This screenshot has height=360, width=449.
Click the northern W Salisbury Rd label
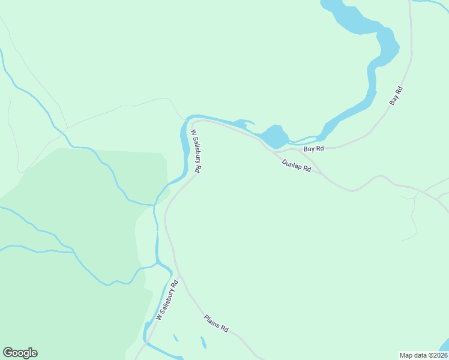tap(196, 152)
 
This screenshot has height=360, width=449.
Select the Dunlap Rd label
tap(297, 166)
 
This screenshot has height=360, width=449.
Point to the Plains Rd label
tap(216, 324)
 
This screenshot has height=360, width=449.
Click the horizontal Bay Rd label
tap(313, 148)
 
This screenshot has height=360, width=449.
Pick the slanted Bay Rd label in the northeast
tap(396, 97)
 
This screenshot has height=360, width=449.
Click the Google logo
tap(20, 353)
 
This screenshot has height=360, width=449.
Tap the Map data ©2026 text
tap(424, 355)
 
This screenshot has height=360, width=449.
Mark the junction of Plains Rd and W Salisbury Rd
tap(181, 277)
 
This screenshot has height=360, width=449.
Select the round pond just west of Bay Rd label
tap(274, 136)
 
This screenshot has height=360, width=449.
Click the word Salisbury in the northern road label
tap(195, 149)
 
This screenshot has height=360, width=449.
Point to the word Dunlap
tap(292, 164)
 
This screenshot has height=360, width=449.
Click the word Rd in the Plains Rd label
tap(224, 329)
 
